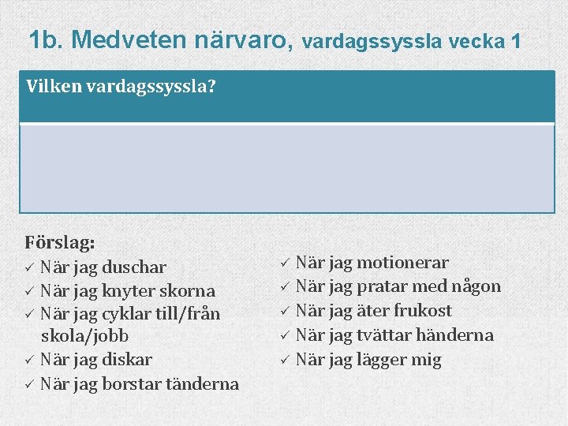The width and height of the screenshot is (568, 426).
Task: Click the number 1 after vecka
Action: click(515, 40)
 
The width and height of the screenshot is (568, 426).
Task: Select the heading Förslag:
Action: click(60, 241)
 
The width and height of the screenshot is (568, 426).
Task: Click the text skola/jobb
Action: click(84, 336)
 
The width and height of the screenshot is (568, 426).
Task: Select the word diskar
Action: click(129, 360)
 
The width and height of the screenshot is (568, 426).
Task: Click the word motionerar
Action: click(402, 263)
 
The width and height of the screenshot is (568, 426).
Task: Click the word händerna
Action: click(455, 335)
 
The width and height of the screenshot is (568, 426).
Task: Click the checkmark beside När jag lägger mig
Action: click(285, 361)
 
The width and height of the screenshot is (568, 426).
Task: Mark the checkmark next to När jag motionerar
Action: click(285, 263)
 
